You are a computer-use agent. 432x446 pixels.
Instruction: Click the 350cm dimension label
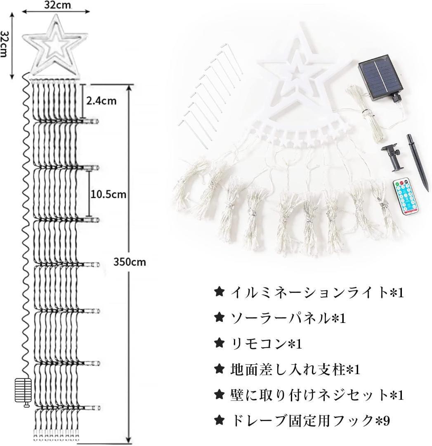[130, 261]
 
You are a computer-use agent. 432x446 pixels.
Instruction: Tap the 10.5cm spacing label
[108, 194]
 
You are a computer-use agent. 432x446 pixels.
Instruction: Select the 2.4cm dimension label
[102, 100]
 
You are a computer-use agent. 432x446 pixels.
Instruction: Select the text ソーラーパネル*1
[288, 318]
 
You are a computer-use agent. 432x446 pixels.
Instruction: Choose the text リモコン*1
[266, 344]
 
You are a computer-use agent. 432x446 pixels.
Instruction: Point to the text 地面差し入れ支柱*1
[295, 370]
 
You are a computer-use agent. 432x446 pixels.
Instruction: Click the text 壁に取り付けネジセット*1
[317, 395]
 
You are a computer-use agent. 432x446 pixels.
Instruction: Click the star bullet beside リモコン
[219, 344]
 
